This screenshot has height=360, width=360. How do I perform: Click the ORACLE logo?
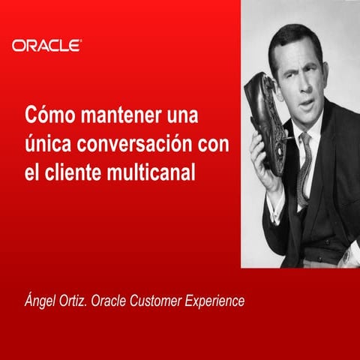click(46, 45)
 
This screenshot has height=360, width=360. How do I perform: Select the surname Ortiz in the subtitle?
click(80, 301)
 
